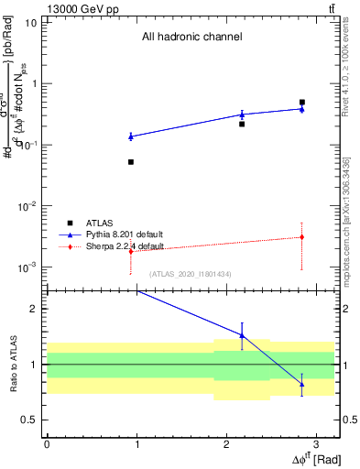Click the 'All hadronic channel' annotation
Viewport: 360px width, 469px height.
click(x=191, y=38)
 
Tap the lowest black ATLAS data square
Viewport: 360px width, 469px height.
click(x=131, y=162)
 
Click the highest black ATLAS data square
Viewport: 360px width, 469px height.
click(x=301, y=103)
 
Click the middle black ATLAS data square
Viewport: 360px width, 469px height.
click(x=242, y=124)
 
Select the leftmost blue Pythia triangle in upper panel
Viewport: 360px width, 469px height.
click(x=131, y=136)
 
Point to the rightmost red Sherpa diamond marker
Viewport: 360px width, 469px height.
click(x=301, y=237)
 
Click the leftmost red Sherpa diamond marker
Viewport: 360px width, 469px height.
click(x=131, y=251)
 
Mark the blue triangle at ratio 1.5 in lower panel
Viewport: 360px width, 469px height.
click(x=242, y=335)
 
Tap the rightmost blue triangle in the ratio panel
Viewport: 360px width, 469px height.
click(x=301, y=384)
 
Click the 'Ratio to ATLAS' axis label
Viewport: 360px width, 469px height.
click(x=12, y=365)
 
